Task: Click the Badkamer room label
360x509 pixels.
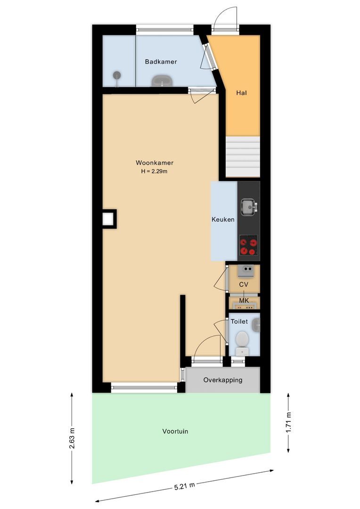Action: tap(161, 62)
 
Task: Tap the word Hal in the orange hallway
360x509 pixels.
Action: tap(242, 93)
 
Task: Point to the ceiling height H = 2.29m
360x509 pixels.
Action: tap(154, 172)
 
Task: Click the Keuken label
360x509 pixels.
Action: tap(223, 219)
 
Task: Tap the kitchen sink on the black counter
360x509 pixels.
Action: tap(248, 206)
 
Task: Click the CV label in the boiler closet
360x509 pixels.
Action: tap(244, 284)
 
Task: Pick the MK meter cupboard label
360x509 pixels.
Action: tap(244, 300)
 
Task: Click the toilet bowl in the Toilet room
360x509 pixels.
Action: tap(242, 339)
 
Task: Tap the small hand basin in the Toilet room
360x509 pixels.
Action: tap(256, 324)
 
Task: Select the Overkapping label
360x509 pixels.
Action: tap(222, 380)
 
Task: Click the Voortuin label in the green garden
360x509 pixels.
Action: tap(175, 431)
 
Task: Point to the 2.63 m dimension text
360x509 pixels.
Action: tap(72, 438)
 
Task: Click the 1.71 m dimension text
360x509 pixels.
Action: tap(289, 422)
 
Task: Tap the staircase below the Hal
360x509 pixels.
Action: tap(243, 156)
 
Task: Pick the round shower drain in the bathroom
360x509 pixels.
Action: tap(116, 74)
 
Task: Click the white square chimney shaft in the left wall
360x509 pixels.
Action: tap(108, 219)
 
